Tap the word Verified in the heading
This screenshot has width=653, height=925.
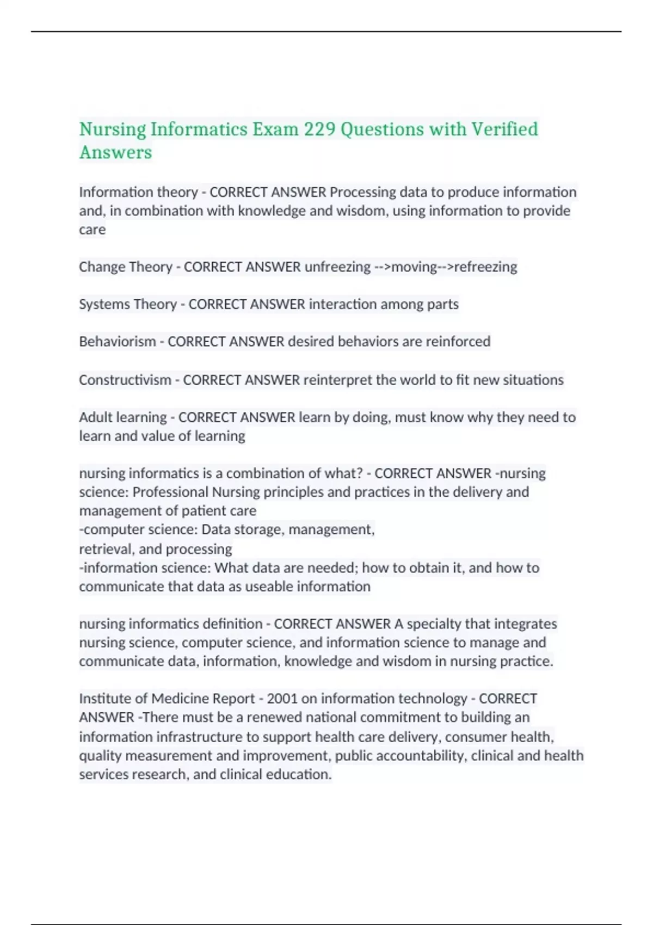coord(504,129)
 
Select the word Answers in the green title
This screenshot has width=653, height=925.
coord(115,152)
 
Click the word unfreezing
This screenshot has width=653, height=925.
coord(337,267)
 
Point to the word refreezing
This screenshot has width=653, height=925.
coord(485,267)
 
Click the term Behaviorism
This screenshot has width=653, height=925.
coord(117,341)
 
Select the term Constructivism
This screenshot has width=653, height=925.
coord(125,379)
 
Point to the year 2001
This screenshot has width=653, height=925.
coord(282,698)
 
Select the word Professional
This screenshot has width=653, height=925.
coord(170,492)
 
